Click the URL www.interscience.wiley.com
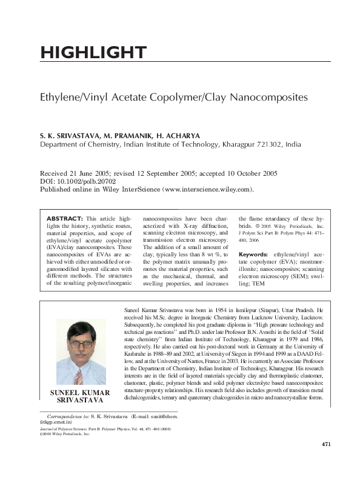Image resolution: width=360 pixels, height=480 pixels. pos(206,189)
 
